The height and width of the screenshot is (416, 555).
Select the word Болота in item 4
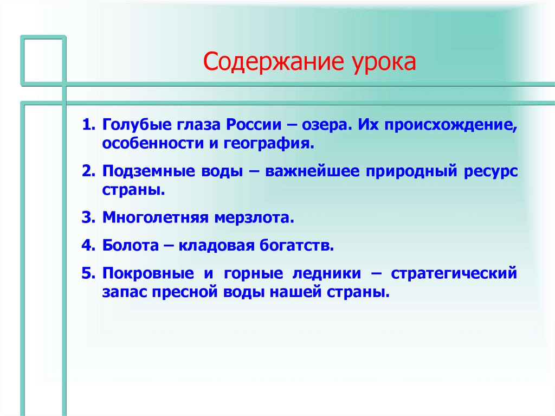[x=126, y=245]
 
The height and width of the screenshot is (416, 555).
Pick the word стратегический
[x=454, y=272]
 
